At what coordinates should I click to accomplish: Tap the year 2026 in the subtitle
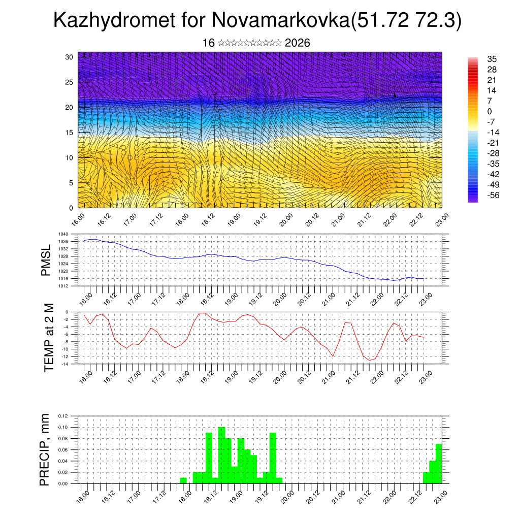298,43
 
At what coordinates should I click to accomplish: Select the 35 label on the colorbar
492,59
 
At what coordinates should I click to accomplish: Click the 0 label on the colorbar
490,112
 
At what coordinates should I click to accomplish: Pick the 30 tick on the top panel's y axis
70,57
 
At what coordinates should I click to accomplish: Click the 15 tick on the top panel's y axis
70,133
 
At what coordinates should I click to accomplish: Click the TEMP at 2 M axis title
49,337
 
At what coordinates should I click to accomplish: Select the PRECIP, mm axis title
45,449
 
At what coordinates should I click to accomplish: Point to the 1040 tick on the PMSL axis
63,234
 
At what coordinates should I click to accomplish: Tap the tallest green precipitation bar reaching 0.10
221,455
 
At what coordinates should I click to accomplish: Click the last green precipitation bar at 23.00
439,464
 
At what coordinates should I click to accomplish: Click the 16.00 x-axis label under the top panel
78,219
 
